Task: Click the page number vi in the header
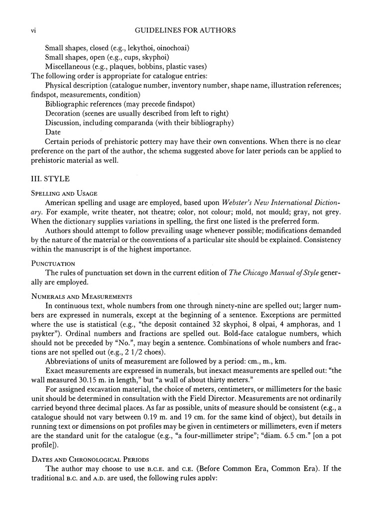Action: point(29,30)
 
